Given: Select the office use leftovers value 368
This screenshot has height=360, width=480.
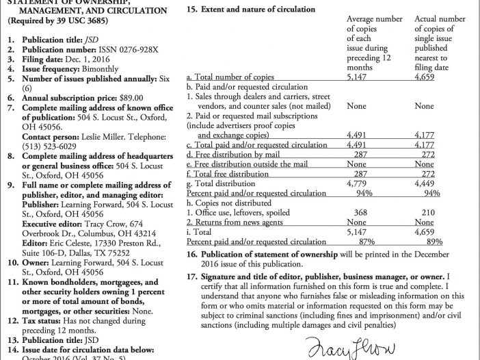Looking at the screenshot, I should point(357,213).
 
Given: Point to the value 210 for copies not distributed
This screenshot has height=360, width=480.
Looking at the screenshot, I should point(424,213).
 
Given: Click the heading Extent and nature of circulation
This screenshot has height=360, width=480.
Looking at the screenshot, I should point(256,10).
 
